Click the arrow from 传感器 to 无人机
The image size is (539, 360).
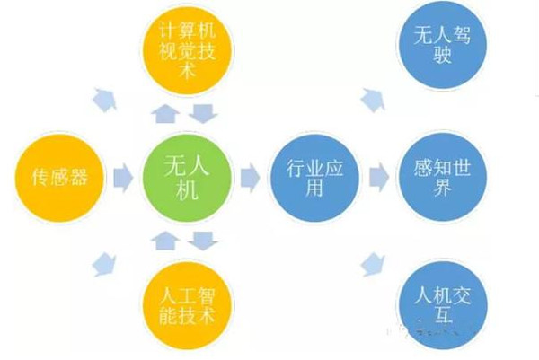click(x=123, y=177)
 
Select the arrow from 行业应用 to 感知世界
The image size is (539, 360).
click(x=379, y=177)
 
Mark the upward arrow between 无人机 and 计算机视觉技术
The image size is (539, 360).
click(x=164, y=113)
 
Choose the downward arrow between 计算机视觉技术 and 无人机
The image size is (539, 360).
click(x=204, y=113)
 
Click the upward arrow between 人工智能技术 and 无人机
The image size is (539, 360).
click(x=164, y=241)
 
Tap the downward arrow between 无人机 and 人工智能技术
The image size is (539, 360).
click(x=204, y=241)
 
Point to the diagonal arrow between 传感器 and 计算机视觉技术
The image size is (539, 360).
click(x=104, y=99)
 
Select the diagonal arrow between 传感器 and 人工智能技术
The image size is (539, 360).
click(x=104, y=263)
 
